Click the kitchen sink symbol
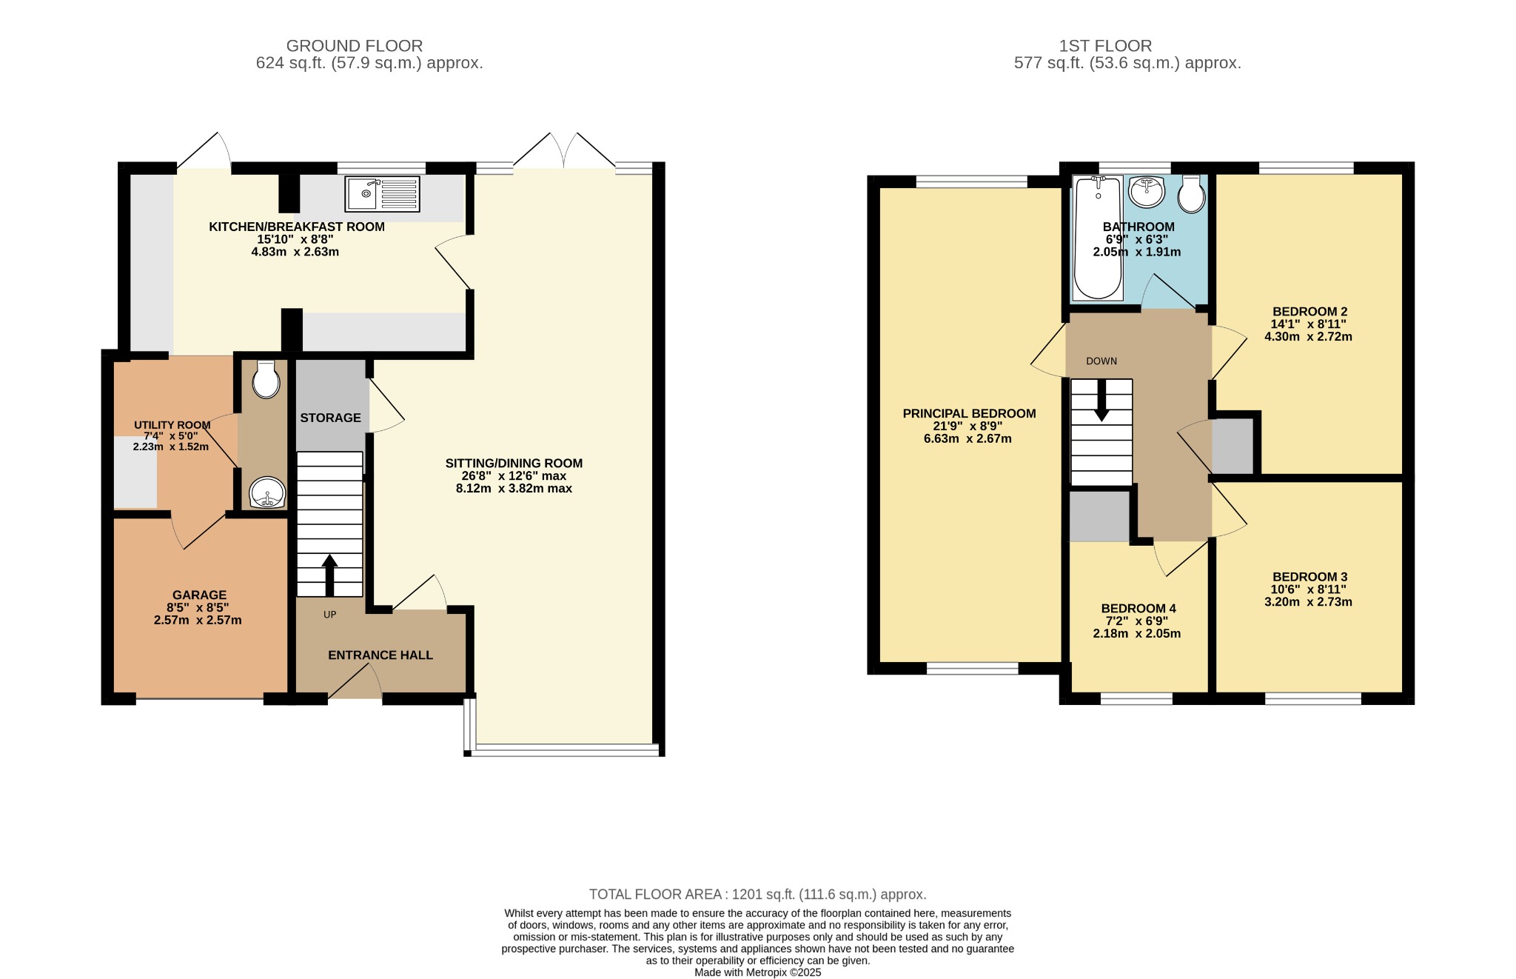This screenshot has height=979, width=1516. pos(382,193)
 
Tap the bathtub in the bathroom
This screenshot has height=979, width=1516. pos(1097,238)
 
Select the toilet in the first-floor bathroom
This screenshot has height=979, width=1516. pos(1191,194)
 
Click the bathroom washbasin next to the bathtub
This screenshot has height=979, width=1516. pos(1147,192)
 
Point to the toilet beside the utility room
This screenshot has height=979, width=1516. pos(266,380)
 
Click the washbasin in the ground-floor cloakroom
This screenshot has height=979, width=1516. pos(266,492)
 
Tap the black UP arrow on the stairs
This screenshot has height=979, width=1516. pos(329,575)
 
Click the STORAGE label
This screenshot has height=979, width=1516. pos(330,418)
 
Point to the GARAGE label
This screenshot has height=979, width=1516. pos(199,595)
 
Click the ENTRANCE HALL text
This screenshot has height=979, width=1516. pos(380,655)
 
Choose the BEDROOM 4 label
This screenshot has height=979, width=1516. pos(1138,609)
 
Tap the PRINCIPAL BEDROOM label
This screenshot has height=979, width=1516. pos(969,413)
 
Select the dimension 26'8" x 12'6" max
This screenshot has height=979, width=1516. pos(514,476)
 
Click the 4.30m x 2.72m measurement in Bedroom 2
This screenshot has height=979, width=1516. pos(1308,336)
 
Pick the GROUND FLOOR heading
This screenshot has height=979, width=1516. pos(355,46)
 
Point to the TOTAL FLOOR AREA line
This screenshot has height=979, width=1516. pos(758,895)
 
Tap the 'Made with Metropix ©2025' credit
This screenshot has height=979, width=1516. pos(758,972)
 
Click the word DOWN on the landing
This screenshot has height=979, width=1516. pos(1101,361)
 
